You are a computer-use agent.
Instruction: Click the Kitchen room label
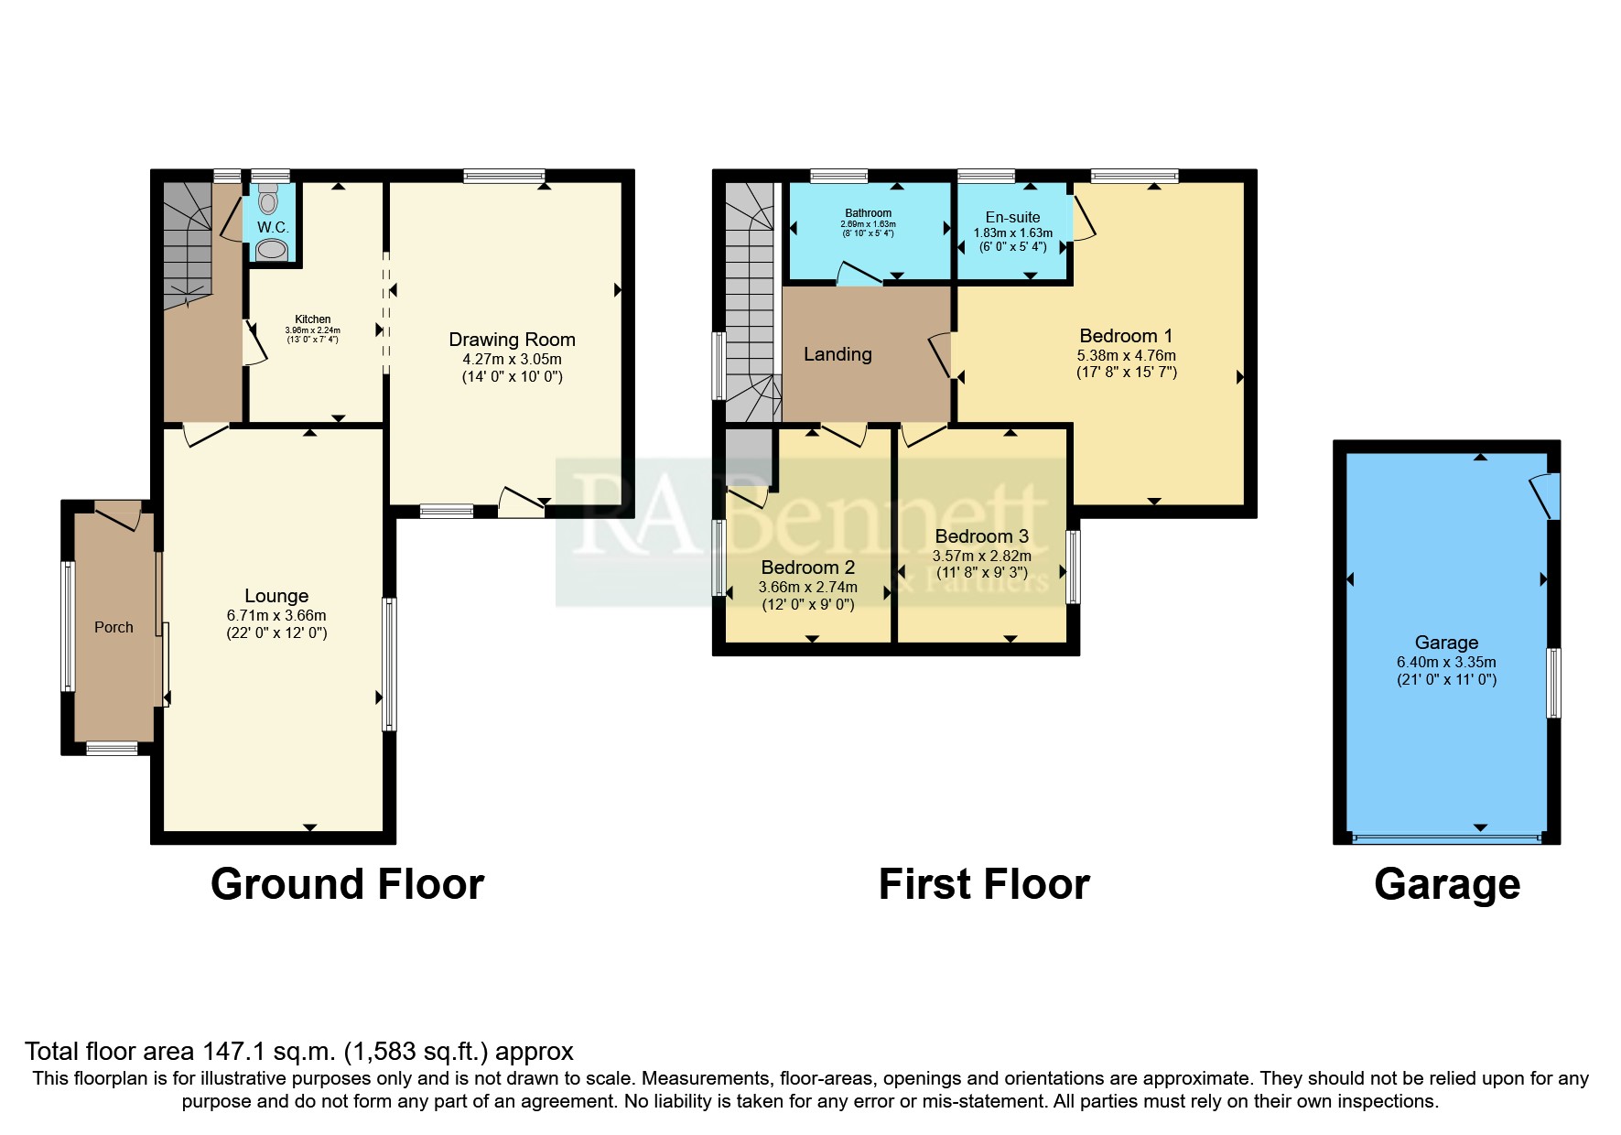(313, 319)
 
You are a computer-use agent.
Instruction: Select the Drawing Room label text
(512, 340)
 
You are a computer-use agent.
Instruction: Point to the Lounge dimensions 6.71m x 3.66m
(276, 615)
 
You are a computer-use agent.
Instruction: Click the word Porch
(113, 627)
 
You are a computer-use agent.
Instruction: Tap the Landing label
(838, 354)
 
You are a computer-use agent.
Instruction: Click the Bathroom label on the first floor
(868, 213)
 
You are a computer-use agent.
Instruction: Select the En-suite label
(1012, 218)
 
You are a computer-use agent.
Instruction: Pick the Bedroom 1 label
(1126, 336)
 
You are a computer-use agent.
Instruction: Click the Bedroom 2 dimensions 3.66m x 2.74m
(808, 587)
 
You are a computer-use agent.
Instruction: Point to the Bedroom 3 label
(981, 536)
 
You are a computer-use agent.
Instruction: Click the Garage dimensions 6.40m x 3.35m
(1446, 662)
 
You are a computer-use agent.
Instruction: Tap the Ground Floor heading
(347, 885)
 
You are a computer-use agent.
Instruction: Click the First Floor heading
(984, 885)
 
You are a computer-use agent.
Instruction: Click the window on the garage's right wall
(1553, 683)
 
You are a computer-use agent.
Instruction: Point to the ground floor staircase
(189, 243)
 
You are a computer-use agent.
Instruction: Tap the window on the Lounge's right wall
(389, 664)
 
